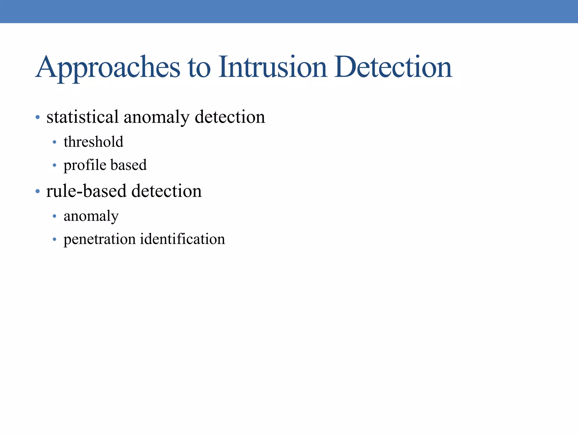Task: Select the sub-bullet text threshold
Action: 93,142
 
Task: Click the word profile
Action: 85,165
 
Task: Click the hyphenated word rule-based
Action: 86,191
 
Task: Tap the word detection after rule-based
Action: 167,191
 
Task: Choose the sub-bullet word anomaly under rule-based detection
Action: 91,217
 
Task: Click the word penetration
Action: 100,240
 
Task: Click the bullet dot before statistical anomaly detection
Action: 38,117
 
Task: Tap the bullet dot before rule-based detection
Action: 38,192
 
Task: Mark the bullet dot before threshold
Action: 54,142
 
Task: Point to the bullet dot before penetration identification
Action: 54,240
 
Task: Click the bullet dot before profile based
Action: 54,165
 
